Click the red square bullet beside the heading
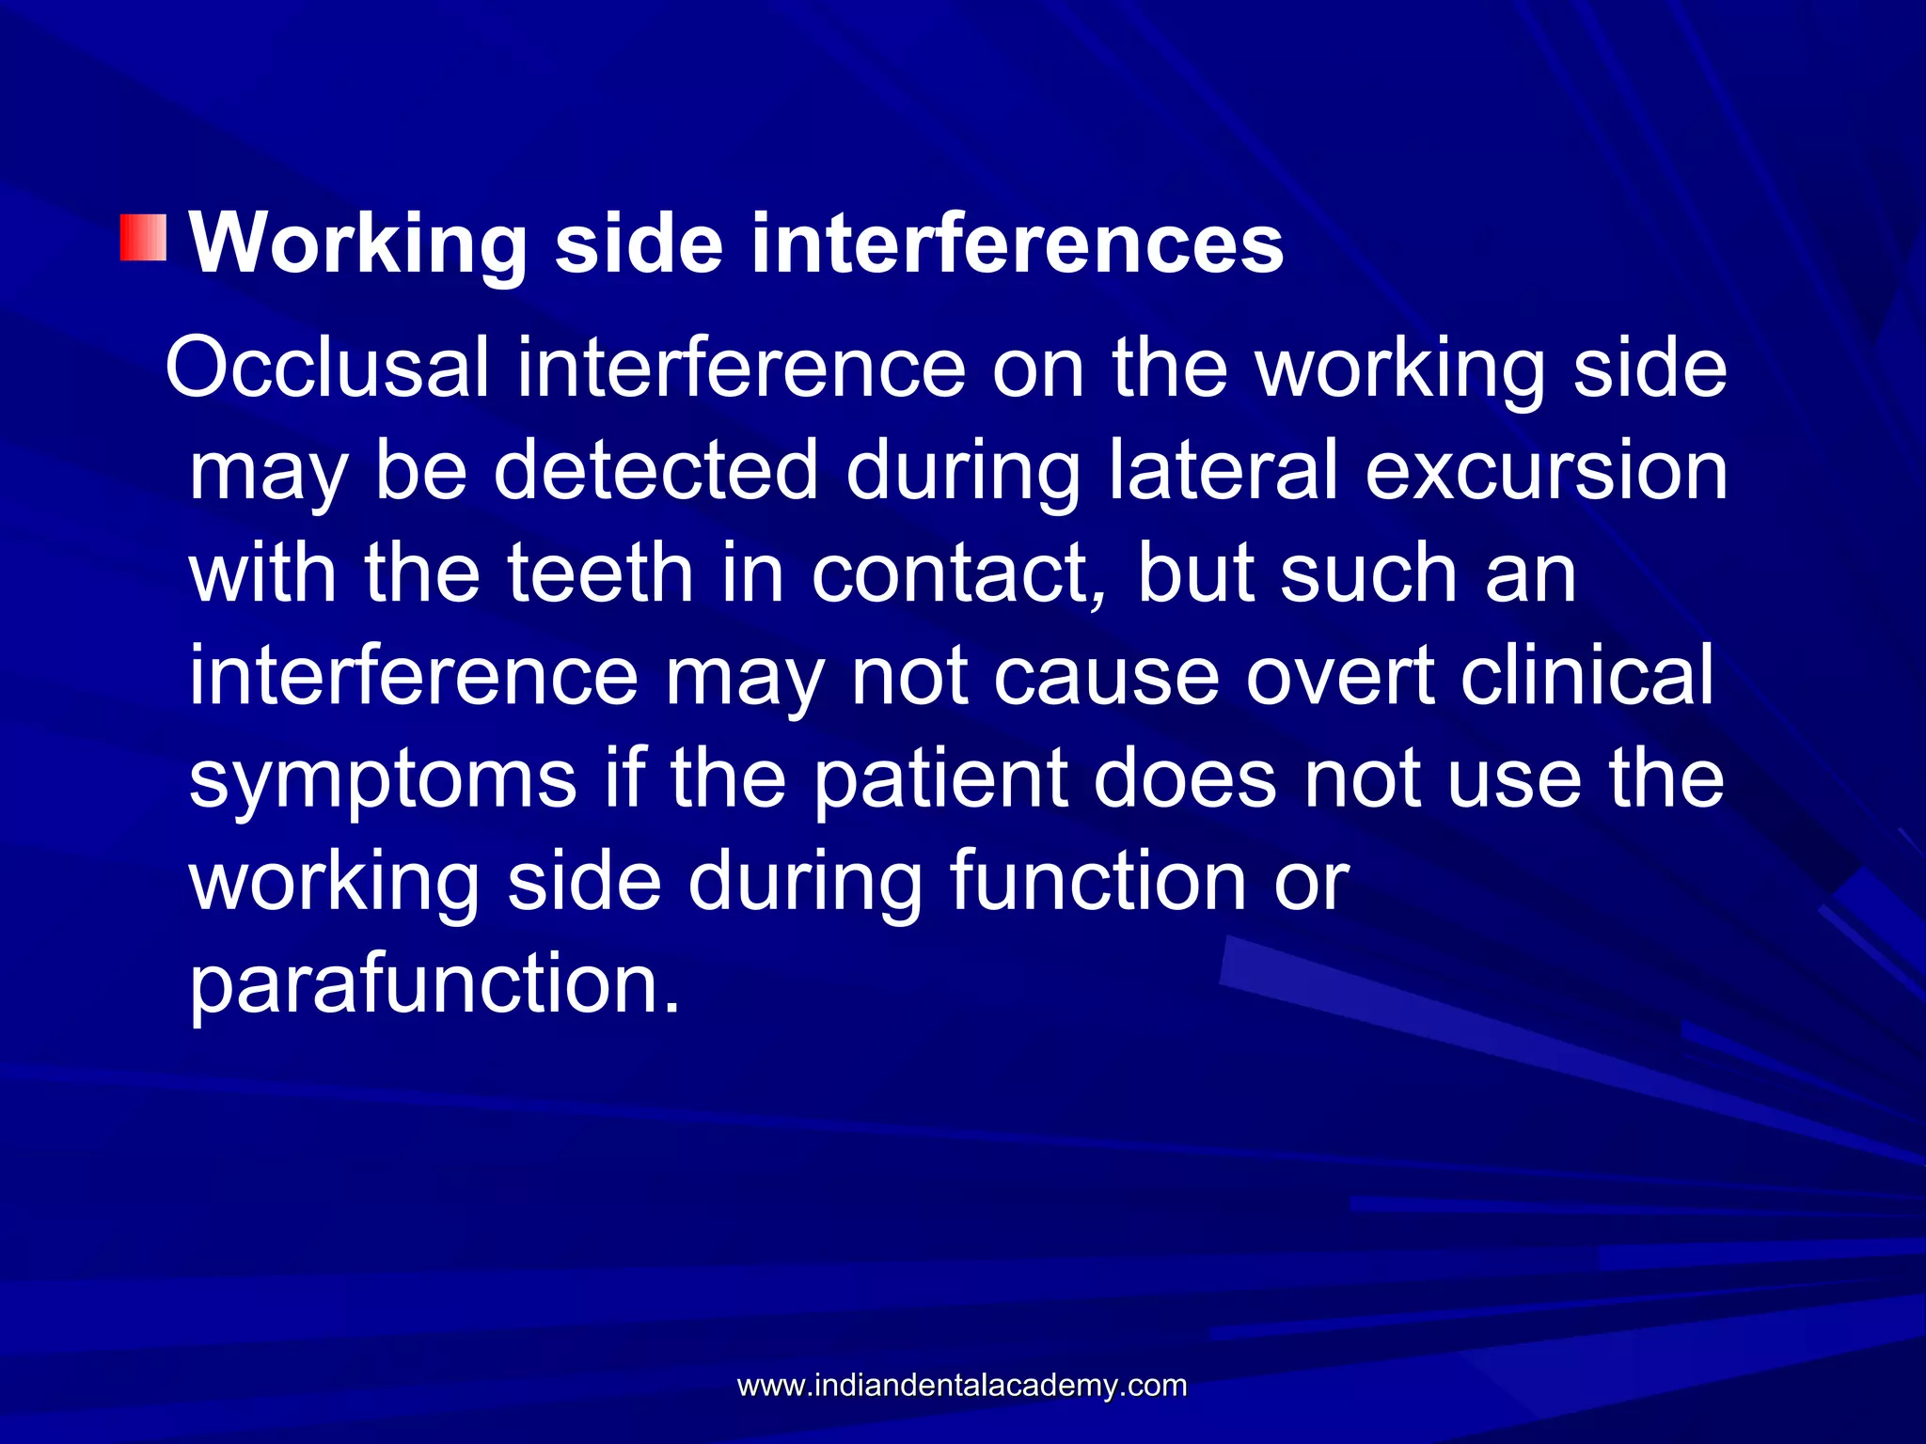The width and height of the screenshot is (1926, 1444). click(143, 237)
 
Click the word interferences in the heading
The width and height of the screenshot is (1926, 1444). click(1017, 244)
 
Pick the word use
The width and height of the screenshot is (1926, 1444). click(1514, 780)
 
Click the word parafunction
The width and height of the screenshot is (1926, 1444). click(434, 985)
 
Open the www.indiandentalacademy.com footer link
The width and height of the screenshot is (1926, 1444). click(962, 1385)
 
